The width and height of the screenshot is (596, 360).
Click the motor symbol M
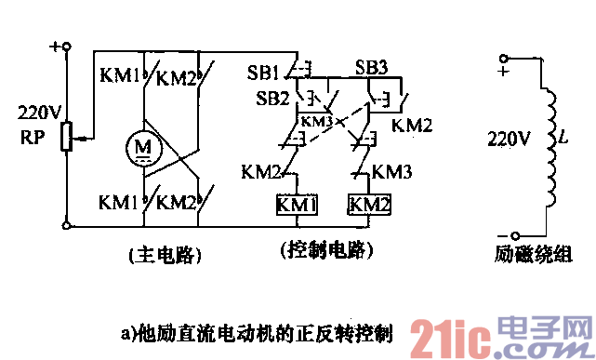[142, 147]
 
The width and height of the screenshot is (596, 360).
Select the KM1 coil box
[297, 204]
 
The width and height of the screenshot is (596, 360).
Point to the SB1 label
[264, 72]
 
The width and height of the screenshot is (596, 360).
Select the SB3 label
[372, 68]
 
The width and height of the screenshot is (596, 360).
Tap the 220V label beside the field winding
[510, 140]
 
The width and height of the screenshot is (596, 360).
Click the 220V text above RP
[40, 113]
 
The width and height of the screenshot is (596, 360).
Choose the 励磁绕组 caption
[535, 253]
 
